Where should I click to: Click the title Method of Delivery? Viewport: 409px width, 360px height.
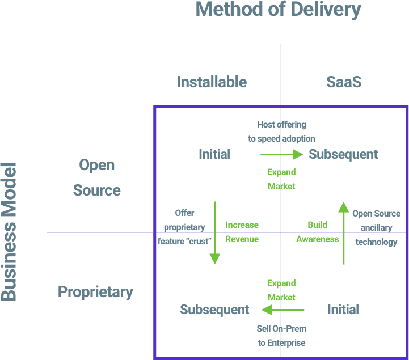click(278, 10)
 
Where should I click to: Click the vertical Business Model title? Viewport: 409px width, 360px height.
click(9, 232)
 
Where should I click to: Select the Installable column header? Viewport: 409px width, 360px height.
click(212, 82)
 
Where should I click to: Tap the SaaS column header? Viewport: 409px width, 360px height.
click(344, 82)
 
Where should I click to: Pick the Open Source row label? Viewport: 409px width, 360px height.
click(97, 178)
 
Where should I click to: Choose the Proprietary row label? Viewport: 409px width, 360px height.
click(95, 293)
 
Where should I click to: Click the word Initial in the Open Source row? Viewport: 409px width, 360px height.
click(214, 154)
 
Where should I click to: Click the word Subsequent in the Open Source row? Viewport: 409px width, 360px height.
click(343, 154)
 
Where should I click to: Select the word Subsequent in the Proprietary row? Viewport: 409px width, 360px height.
click(214, 310)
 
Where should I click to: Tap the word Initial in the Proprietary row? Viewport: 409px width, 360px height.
click(343, 310)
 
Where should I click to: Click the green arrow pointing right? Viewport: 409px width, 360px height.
click(282, 154)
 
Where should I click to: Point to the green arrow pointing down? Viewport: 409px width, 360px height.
click(215, 232)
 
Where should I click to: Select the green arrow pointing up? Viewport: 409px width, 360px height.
click(344, 232)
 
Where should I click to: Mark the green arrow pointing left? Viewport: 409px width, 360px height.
click(282, 310)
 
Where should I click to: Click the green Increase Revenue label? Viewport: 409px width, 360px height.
click(242, 232)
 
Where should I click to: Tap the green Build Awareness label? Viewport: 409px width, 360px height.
click(317, 232)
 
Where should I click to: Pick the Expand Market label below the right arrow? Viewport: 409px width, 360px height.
click(281, 179)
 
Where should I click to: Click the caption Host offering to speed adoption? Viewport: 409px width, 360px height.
click(281, 132)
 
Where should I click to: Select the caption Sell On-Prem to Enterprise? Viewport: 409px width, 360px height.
click(281, 336)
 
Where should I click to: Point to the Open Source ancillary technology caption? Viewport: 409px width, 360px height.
click(376, 228)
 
